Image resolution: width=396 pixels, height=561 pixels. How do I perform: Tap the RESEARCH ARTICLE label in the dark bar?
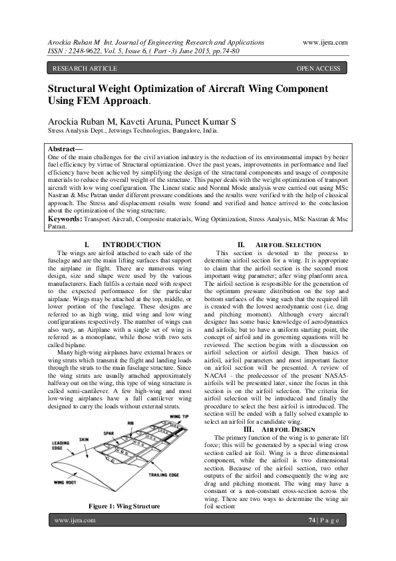point(85,68)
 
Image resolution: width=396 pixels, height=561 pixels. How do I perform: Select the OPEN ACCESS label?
point(318,68)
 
